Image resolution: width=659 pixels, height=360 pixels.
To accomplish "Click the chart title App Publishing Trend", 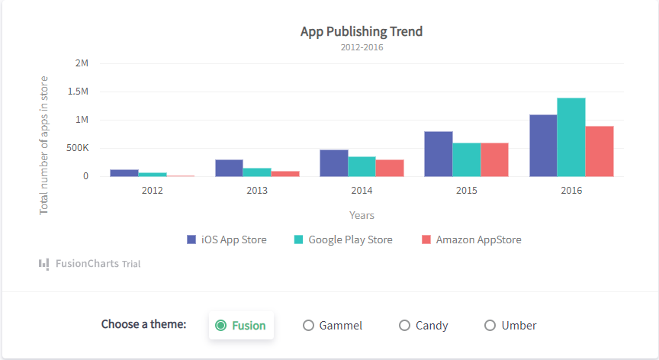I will click(x=362, y=31).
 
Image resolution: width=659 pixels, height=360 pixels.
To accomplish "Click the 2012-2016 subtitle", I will click(x=362, y=47).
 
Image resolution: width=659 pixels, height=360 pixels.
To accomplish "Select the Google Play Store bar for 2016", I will click(x=571, y=137).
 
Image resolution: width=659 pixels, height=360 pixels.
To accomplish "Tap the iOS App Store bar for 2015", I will click(x=439, y=154).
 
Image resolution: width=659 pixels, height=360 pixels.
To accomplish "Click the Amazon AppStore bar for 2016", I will click(x=600, y=151).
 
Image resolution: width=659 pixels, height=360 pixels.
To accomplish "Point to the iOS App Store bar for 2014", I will click(x=333, y=163).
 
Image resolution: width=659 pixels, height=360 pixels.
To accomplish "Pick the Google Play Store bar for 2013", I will click(x=257, y=172).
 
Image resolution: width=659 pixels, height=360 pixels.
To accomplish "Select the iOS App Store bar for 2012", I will click(x=124, y=173).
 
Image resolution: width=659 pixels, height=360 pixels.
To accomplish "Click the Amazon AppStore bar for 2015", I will click(x=494, y=159).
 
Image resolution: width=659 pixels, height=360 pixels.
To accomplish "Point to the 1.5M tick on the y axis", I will click(x=79, y=92).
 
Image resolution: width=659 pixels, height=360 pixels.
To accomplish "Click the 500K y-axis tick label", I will click(x=77, y=148).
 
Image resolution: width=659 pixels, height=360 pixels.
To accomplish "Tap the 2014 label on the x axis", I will click(x=362, y=190).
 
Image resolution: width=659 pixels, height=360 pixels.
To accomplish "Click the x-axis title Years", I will click(x=362, y=215).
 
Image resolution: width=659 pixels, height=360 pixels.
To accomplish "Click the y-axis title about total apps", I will click(x=43, y=144).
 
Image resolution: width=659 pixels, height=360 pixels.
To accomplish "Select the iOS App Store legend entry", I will click(x=227, y=239).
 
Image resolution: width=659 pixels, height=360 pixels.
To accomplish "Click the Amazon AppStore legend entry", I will click(x=471, y=239).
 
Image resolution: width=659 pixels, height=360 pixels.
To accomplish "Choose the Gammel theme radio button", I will click(x=309, y=326).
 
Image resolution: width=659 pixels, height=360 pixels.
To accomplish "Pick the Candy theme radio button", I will click(x=405, y=326).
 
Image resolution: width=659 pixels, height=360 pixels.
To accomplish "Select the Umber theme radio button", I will click(x=490, y=326).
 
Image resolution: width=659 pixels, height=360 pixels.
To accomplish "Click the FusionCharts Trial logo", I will click(x=90, y=264).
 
